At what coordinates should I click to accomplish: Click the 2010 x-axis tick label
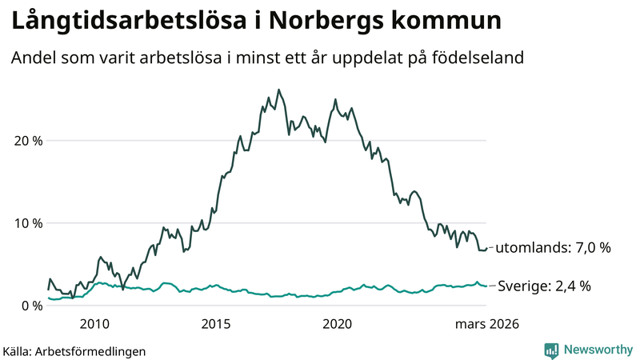pos(94,324)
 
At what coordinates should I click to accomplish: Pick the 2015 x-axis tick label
pos(216,324)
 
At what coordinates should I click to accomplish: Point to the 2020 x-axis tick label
pos(337,324)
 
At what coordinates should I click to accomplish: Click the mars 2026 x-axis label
pos(487,324)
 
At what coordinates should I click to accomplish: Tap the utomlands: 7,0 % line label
pos(553,248)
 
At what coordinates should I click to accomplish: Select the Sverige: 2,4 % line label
pos(545,286)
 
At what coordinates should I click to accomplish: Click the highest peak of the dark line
pos(278,90)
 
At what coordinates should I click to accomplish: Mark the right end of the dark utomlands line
pos(486,248)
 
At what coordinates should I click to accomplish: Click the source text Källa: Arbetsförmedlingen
pos(74,350)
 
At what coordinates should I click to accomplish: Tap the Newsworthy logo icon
pos(551,350)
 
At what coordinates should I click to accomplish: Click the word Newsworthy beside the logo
pos(598,350)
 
